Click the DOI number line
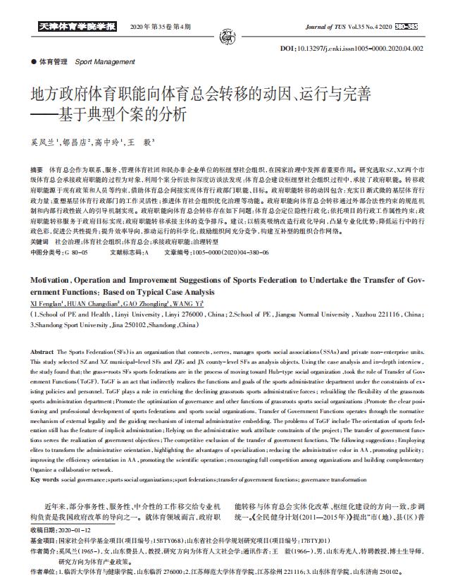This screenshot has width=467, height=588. click(371, 49)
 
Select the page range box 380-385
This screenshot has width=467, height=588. click(406, 27)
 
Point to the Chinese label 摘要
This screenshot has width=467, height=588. click(37, 171)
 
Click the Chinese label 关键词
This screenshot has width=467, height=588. click(39, 241)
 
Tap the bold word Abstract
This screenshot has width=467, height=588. click(43, 351)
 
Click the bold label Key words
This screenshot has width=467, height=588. click(45, 479)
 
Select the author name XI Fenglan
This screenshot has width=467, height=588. click(49, 303)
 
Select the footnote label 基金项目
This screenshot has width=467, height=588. click(45, 539)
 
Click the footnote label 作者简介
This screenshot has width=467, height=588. click(45, 550)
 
